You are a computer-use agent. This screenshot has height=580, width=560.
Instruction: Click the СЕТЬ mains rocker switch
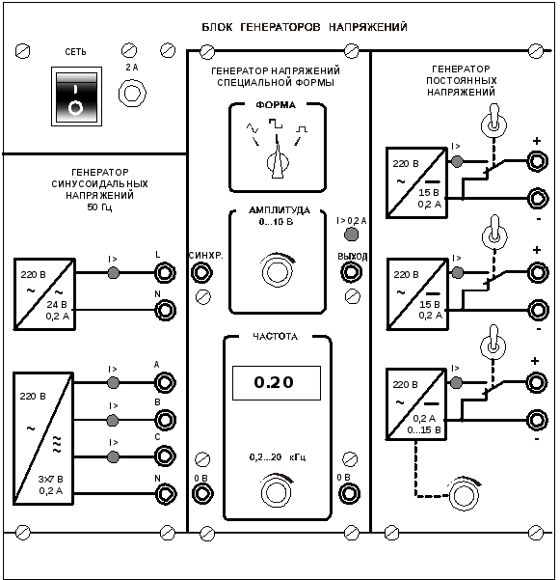(76, 97)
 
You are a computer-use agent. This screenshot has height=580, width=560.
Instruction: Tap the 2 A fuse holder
(132, 94)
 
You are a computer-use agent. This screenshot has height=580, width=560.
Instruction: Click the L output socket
(165, 273)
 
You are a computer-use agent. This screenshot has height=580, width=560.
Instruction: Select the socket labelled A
(165, 382)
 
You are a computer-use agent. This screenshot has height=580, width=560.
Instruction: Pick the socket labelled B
(165, 420)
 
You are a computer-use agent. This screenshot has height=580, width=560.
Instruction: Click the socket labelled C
(165, 456)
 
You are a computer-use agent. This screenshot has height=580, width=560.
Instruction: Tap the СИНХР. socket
(201, 272)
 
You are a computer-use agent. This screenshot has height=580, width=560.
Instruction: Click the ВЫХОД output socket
(351, 272)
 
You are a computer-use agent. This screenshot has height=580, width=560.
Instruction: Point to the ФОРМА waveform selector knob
(278, 161)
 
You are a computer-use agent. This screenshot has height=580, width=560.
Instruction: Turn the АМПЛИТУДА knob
(277, 271)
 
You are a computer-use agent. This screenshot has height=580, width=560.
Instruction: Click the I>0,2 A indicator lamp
(351, 235)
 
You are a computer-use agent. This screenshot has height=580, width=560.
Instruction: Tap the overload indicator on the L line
(113, 273)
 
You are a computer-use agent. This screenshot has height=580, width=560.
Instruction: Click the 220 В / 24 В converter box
(44, 294)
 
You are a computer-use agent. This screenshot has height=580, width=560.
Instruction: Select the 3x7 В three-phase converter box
(43, 438)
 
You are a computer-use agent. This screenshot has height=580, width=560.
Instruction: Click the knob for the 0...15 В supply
(463, 494)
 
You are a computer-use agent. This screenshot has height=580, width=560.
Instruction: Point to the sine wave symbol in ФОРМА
(253, 128)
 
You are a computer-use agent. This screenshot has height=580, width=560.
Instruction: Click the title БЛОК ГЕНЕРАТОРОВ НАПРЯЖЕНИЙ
(305, 27)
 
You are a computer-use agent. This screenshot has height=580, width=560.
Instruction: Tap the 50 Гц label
(99, 207)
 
